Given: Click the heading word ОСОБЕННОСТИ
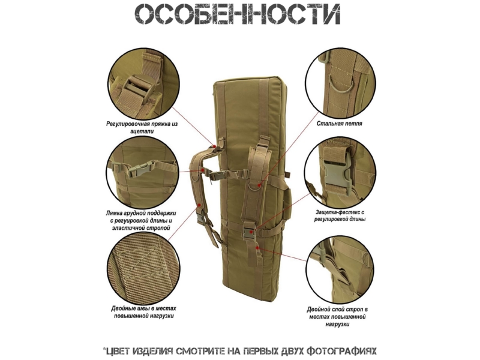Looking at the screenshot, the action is tap(238, 14).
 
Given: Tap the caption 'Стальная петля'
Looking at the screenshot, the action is tap(340, 124).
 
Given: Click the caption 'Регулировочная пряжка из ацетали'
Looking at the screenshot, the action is tap(142, 128).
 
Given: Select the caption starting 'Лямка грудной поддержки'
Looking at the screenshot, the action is tap(141, 220).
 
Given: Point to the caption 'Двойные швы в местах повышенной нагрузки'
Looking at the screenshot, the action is tap(143, 312).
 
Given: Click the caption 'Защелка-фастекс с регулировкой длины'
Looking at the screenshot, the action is tap(340, 215).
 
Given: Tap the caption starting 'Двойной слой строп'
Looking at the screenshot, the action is tap(337, 317).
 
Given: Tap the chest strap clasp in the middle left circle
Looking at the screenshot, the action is tap(140, 169).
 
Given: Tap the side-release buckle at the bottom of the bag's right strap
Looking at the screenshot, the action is tap(249, 231).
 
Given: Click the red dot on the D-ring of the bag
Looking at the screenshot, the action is tap(259, 185).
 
